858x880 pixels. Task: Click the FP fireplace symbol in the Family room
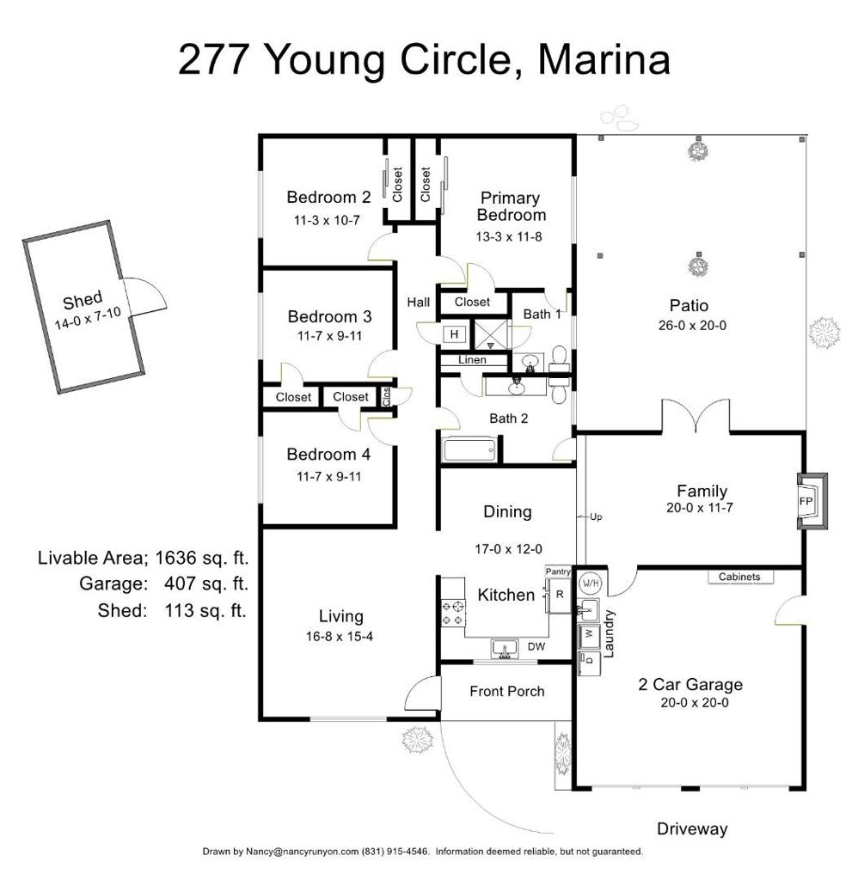pos(807,500)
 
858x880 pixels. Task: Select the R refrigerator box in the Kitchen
pos(560,594)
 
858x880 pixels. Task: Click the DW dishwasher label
pos(536,646)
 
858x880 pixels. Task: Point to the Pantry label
pos(559,571)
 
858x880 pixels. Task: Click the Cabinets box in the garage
pos(739,577)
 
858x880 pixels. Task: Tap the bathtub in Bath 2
pos(469,449)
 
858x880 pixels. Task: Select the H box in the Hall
pos(453,333)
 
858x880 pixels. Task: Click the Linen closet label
pos(472,360)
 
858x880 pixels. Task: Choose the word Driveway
pos(692,829)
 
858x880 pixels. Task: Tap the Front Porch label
pos(506,691)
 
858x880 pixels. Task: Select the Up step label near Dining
pos(597,517)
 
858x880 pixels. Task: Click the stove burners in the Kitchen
pos(452,613)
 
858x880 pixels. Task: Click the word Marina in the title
pos(602,60)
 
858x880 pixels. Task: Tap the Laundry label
pos(610,633)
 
